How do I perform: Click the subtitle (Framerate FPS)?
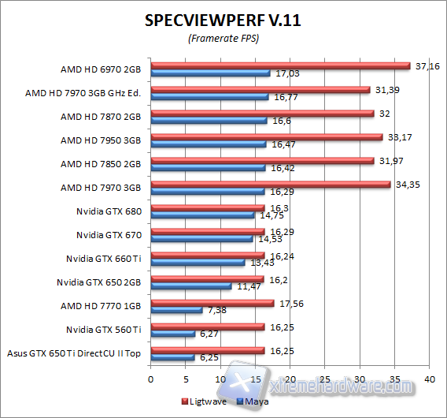pyautogui.click(x=223, y=39)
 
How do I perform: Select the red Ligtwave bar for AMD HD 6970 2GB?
pyautogui.click(x=280, y=66)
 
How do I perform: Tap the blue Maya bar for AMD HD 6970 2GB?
pyautogui.click(x=210, y=73)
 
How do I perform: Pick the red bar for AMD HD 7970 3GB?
pyautogui.click(x=270, y=185)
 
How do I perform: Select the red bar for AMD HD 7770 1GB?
pyautogui.click(x=212, y=303)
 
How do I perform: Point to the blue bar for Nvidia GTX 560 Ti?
pyautogui.click(x=172, y=334)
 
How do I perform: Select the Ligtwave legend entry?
pyautogui.click(x=206, y=401)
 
